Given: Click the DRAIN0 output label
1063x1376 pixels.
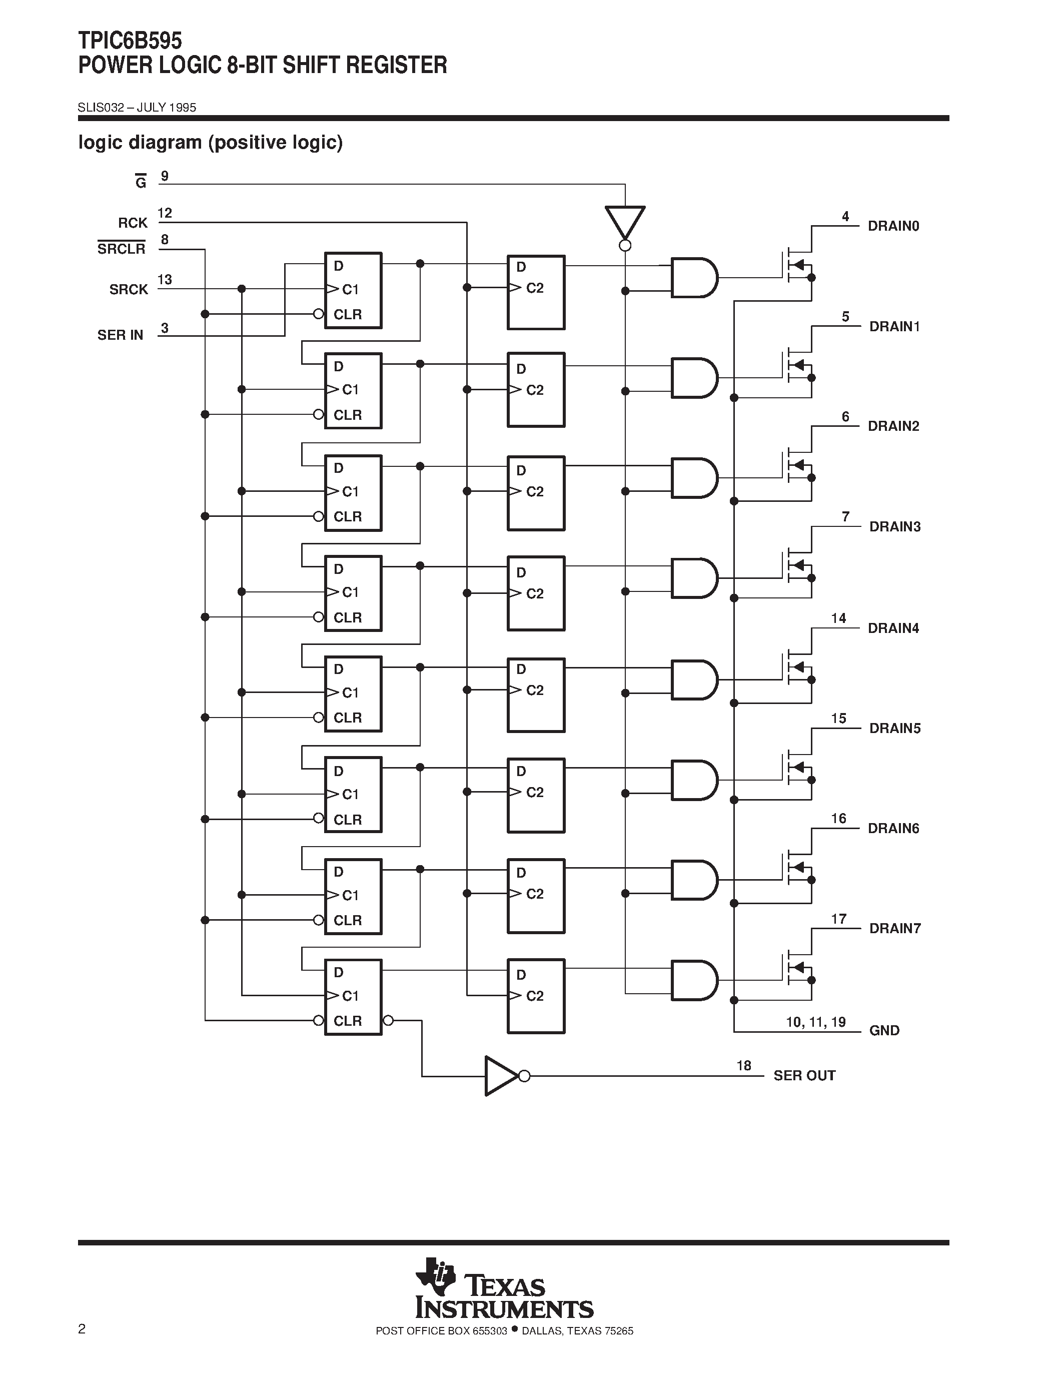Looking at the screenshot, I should coord(893,226).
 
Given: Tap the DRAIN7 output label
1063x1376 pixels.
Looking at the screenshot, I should coord(894,929).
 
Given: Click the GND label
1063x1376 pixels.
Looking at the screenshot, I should coord(884,1031).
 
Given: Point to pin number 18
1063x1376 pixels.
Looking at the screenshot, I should coord(744,1065).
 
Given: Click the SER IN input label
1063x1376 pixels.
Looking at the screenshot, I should coord(120,335).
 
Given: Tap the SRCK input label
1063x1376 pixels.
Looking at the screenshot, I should coord(129,290).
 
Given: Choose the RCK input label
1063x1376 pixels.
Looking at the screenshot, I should coord(132,223).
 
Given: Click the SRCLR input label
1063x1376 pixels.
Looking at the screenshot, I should coord(121,249).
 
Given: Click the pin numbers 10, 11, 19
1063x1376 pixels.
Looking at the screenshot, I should coord(815,1022).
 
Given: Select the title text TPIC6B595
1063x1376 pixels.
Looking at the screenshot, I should coord(130,41).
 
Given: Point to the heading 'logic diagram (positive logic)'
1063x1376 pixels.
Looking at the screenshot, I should coord(210,143).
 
